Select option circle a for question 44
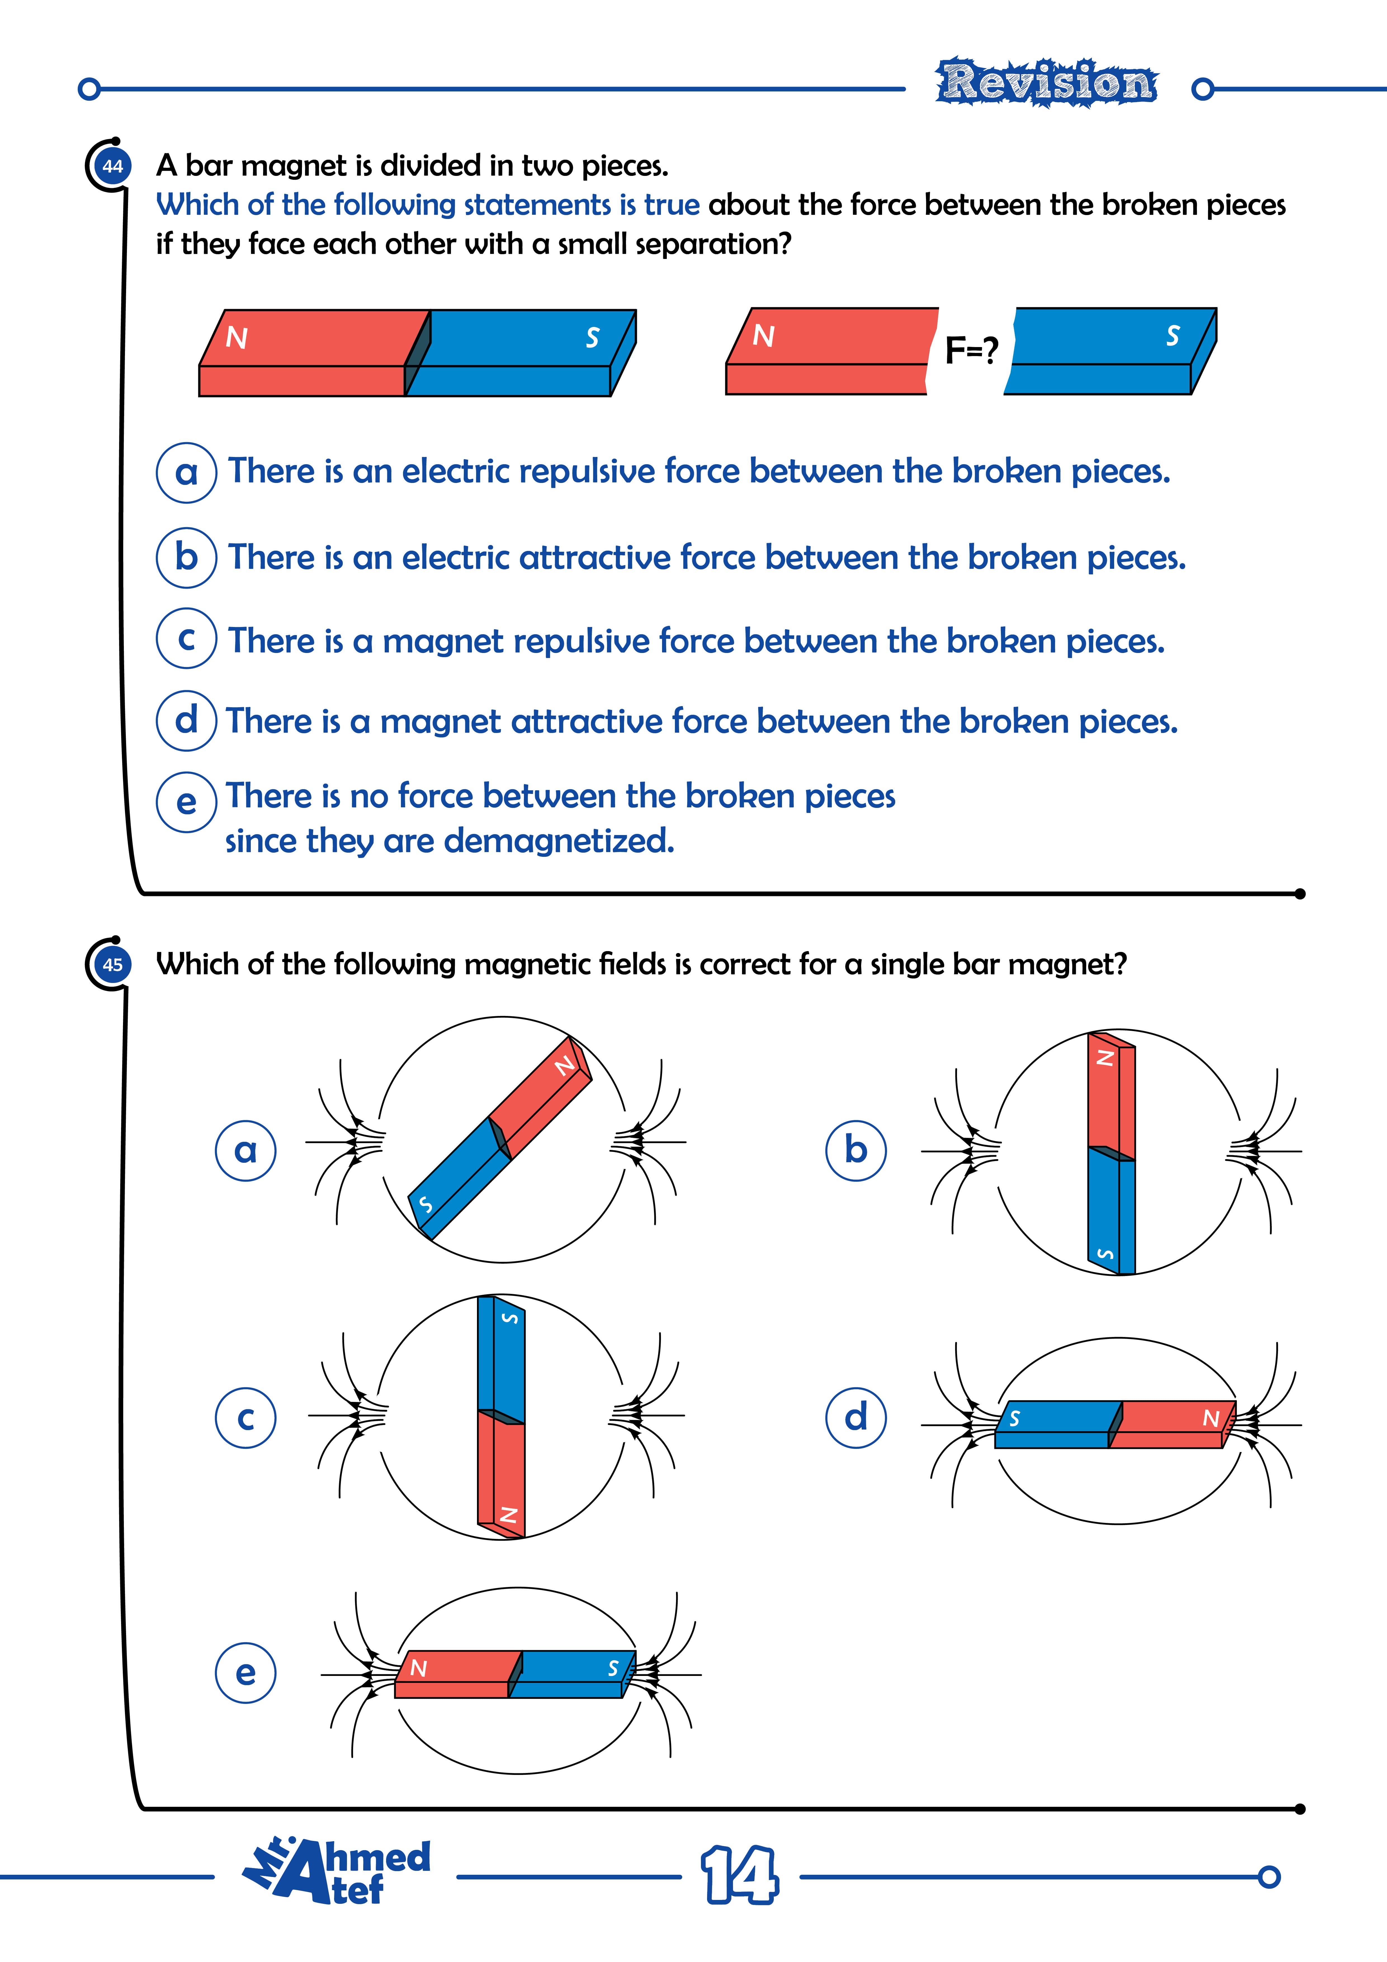click(x=186, y=472)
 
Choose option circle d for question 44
click(x=186, y=720)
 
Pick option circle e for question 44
click(x=186, y=801)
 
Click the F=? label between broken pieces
click(x=971, y=350)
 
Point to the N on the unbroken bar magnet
click(x=237, y=338)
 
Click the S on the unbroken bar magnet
click(x=592, y=338)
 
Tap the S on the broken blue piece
click(x=1173, y=336)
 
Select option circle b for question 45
click(x=856, y=1150)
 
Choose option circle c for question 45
click(x=245, y=1418)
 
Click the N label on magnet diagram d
click(x=1210, y=1419)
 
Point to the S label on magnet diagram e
click(x=613, y=1668)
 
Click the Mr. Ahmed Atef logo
click(x=337, y=1871)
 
